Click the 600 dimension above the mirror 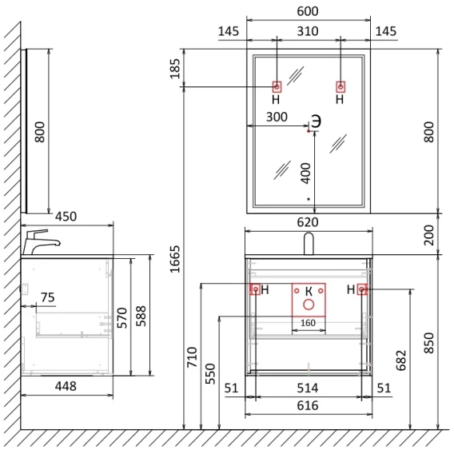pyautogui.click(x=308, y=11)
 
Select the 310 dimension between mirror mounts pyautogui.click(x=308, y=31)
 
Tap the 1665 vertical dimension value pyautogui.click(x=175, y=259)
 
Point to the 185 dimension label pyautogui.click(x=175, y=69)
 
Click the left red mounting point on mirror pyautogui.click(x=277, y=86)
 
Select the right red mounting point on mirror pyautogui.click(x=340, y=86)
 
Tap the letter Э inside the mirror pyautogui.click(x=316, y=121)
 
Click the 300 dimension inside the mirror pyautogui.click(x=277, y=117)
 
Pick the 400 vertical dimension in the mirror pyautogui.click(x=306, y=173)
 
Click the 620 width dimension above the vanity pyautogui.click(x=308, y=222)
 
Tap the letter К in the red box pyautogui.click(x=309, y=292)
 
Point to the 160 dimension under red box pyautogui.click(x=308, y=323)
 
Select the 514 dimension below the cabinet pyautogui.click(x=308, y=388)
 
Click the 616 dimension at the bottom pyautogui.click(x=308, y=406)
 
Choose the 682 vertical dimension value pyautogui.click(x=401, y=360)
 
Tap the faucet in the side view pyautogui.click(x=41, y=242)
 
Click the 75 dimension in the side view pyautogui.click(x=48, y=297)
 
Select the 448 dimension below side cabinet pyautogui.click(x=66, y=386)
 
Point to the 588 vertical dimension pyautogui.click(x=141, y=317)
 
